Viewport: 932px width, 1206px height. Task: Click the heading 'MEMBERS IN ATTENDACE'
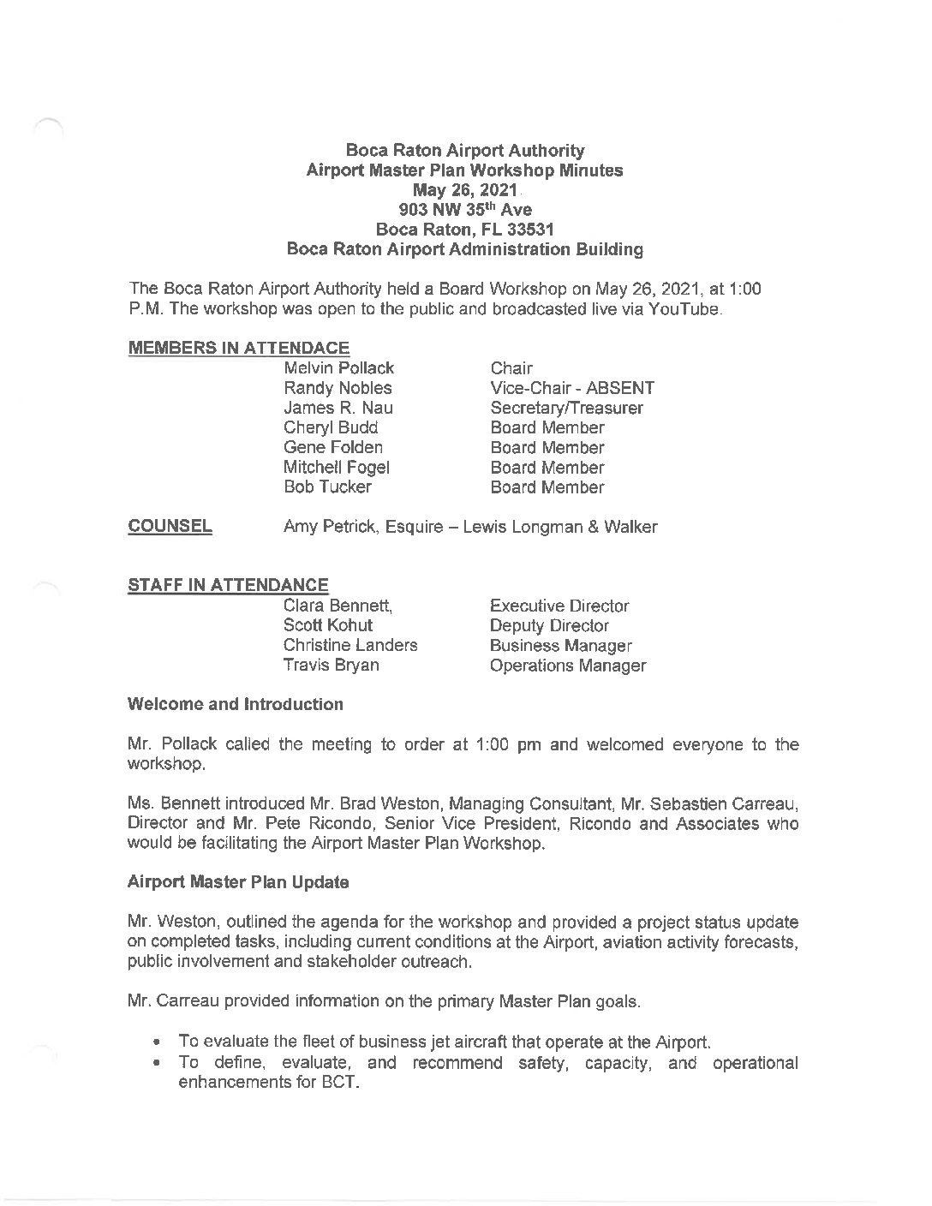pos(238,348)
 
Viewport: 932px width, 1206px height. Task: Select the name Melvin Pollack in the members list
pos(338,368)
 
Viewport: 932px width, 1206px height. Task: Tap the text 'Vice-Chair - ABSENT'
pos(572,388)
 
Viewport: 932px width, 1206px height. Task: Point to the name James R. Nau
pos(338,408)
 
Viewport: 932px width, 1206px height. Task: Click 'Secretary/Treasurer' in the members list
pos(566,408)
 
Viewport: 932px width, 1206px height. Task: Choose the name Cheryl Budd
pos(330,427)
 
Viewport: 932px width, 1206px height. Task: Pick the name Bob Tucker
pos(327,487)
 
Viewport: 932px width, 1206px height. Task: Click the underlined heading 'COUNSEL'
pos(170,526)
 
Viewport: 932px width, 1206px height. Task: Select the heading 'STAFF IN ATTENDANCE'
pos(228,585)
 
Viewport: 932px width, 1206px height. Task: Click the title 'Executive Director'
pos(559,606)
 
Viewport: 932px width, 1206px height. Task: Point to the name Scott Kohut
pos(327,625)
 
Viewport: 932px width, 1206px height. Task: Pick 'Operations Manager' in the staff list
pos(568,666)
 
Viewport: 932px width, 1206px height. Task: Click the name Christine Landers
pos(350,645)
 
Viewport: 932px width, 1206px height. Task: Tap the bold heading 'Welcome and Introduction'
pos(235,704)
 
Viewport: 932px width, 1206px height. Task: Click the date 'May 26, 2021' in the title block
pos(465,190)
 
